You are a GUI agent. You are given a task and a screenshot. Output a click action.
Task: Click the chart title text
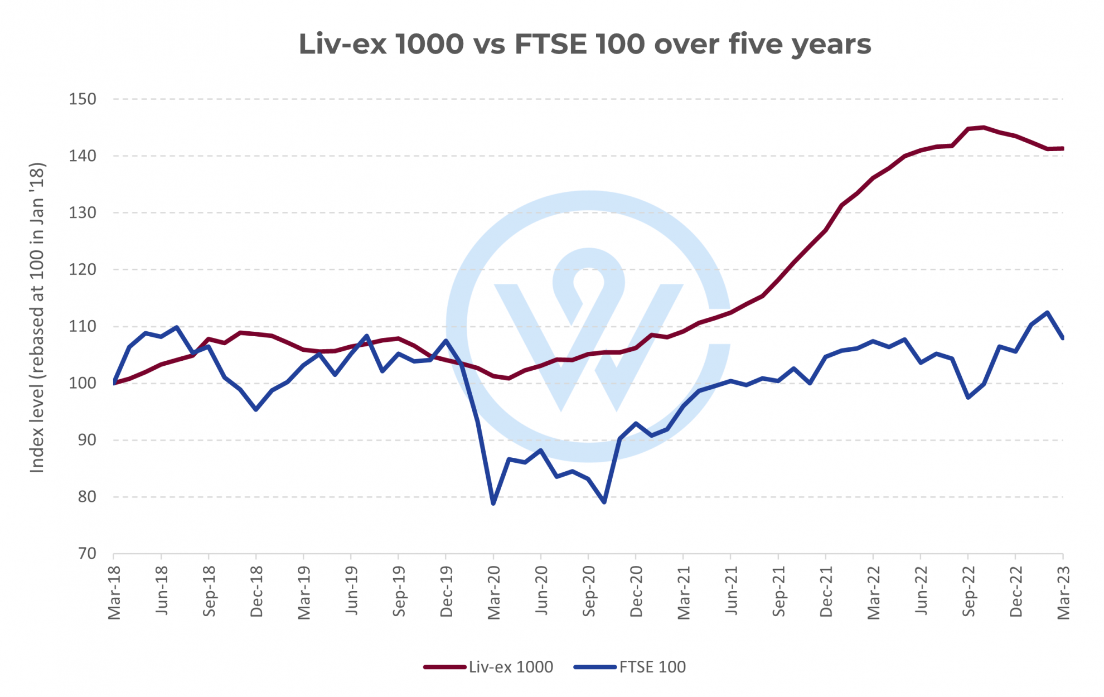584,44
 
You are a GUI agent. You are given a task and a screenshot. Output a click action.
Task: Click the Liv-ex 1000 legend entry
510,667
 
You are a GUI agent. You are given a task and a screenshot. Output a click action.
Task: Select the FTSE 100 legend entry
652,667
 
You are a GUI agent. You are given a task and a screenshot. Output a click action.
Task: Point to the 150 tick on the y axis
83,99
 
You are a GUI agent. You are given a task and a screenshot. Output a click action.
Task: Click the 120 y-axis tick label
83,269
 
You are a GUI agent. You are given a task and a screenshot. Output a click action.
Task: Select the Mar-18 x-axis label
114,593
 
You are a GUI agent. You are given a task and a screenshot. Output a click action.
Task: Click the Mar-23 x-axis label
1064,593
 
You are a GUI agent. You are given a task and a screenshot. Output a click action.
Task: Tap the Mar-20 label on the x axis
494,593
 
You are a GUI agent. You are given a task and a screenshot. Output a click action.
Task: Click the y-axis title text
37,318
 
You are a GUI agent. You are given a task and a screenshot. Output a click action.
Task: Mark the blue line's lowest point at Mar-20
493,504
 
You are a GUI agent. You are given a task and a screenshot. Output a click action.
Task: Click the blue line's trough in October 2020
604,502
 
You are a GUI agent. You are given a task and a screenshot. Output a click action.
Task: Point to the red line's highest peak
984,128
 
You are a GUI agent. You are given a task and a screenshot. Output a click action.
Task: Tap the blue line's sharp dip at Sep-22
969,398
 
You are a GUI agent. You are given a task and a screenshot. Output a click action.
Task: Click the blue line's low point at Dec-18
256,409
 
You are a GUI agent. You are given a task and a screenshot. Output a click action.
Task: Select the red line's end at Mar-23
1062,148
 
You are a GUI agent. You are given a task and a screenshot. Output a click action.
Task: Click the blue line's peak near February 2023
1048,313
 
